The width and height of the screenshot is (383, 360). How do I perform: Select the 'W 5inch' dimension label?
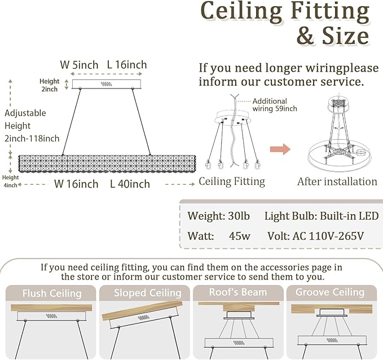coord(79,65)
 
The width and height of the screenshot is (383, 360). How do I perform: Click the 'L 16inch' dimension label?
coord(127,65)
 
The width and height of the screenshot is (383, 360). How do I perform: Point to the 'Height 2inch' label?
coord(49,85)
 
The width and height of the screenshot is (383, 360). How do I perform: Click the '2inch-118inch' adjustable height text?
coord(32,139)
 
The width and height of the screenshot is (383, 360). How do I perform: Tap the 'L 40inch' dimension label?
coord(130,184)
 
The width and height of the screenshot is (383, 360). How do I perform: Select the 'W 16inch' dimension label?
coord(76,184)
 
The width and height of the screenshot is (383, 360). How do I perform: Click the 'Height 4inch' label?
coord(10,181)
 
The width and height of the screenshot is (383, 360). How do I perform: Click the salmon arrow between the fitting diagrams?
coord(280,149)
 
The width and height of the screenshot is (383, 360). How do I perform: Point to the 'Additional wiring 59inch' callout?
coord(275,105)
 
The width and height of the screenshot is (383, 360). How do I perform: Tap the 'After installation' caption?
coord(337,182)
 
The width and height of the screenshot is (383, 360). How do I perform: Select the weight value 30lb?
coord(239,216)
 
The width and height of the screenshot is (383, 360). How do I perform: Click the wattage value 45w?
coord(240,236)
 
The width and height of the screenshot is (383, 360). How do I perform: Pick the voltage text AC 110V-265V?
coord(328,236)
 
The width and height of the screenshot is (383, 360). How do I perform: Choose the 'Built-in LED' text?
coord(349,216)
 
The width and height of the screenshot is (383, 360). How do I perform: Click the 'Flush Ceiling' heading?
coord(52,294)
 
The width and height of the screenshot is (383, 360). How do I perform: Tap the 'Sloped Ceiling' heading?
coord(148,293)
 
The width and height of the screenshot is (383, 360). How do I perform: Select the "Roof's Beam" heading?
coord(238,292)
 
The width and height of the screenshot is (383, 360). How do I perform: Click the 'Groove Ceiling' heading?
coord(330,292)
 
